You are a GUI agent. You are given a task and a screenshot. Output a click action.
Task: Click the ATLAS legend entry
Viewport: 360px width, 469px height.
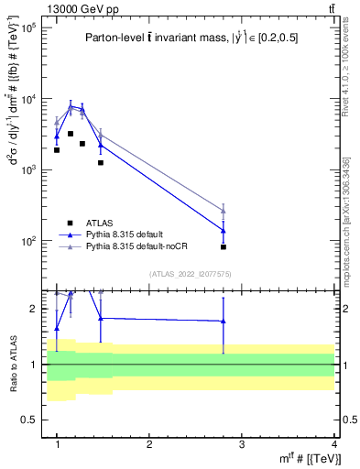[99, 223]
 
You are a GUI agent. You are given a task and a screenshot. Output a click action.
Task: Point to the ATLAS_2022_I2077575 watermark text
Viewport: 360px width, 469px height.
[196, 273]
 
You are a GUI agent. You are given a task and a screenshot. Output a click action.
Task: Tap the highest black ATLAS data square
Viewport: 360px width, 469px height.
[71, 134]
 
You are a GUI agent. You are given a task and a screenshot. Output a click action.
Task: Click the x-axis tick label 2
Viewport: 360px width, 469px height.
[149, 444]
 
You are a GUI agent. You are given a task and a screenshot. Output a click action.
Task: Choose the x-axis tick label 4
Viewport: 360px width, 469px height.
[333, 444]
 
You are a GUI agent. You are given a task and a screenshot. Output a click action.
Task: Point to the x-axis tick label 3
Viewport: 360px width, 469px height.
[242, 444]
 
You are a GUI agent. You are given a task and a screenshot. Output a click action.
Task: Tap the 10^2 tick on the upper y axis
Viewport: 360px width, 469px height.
[28, 241]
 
